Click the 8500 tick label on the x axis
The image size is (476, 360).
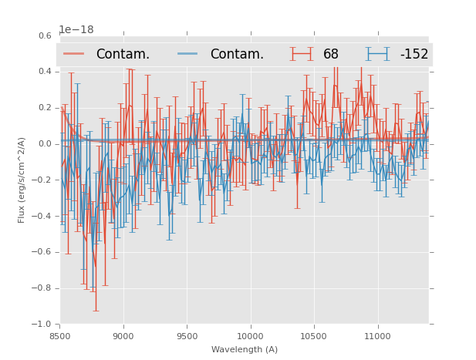pyautogui.click(x=60, y=336)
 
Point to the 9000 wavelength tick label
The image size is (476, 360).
pyautogui.click(x=123, y=336)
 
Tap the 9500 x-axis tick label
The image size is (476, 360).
pyautogui.click(x=187, y=336)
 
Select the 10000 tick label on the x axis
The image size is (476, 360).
pyautogui.click(x=250, y=336)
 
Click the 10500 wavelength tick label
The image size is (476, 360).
pyautogui.click(x=314, y=336)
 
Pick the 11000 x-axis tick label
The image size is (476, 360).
pyautogui.click(x=377, y=336)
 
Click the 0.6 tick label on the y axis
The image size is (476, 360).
pyautogui.click(x=45, y=35)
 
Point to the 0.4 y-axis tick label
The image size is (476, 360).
pyautogui.click(x=45, y=72)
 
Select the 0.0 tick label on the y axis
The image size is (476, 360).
pyautogui.click(x=45, y=144)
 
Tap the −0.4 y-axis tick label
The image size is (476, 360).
pyautogui.click(x=42, y=216)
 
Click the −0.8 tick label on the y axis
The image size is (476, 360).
pyautogui.click(x=42, y=288)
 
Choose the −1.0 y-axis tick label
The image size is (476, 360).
pyautogui.click(x=42, y=325)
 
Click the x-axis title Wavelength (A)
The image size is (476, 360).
pyautogui.click(x=245, y=349)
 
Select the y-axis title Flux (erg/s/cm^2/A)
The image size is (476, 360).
pyautogui.click(x=22, y=180)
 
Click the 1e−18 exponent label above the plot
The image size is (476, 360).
pyautogui.click(x=76, y=30)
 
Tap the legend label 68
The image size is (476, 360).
pyautogui.click(x=331, y=54)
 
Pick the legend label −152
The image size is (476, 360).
pyautogui.click(x=414, y=54)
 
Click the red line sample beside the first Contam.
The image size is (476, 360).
pyautogui.click(x=74, y=54)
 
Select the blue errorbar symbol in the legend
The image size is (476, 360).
pyautogui.click(x=377, y=54)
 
